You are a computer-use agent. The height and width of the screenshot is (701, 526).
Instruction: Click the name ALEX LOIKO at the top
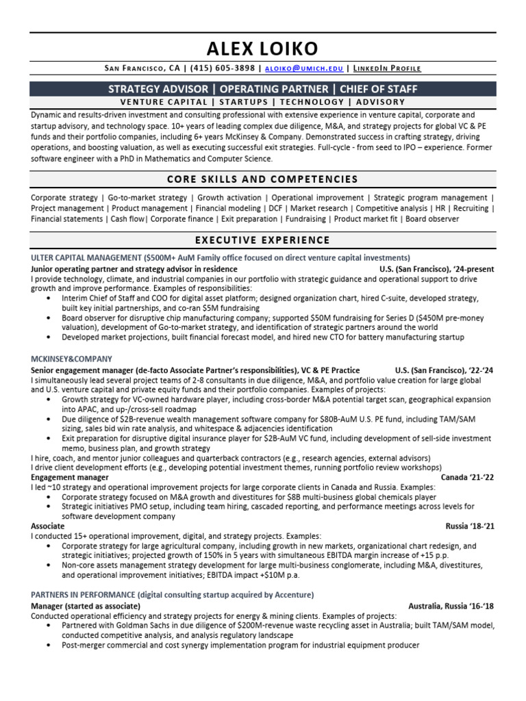(x=262, y=49)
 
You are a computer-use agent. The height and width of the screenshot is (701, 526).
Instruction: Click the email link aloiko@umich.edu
(x=304, y=68)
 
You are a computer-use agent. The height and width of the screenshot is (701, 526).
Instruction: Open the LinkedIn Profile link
(x=387, y=68)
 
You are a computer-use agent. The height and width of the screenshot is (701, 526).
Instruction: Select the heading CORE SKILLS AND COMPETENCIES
(x=262, y=179)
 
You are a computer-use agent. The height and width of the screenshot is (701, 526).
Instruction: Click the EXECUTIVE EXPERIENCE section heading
(x=262, y=240)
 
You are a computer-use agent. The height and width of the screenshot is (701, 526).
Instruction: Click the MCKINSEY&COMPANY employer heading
(x=71, y=359)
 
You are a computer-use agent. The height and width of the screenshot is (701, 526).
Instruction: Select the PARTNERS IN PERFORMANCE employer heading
(x=83, y=594)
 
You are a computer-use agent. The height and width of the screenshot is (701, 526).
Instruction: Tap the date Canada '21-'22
(x=467, y=476)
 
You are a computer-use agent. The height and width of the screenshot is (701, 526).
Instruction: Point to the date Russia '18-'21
(x=470, y=526)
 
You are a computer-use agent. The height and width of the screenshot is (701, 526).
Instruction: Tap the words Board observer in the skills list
(x=432, y=219)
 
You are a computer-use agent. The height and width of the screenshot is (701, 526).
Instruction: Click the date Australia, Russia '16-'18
(x=451, y=606)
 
